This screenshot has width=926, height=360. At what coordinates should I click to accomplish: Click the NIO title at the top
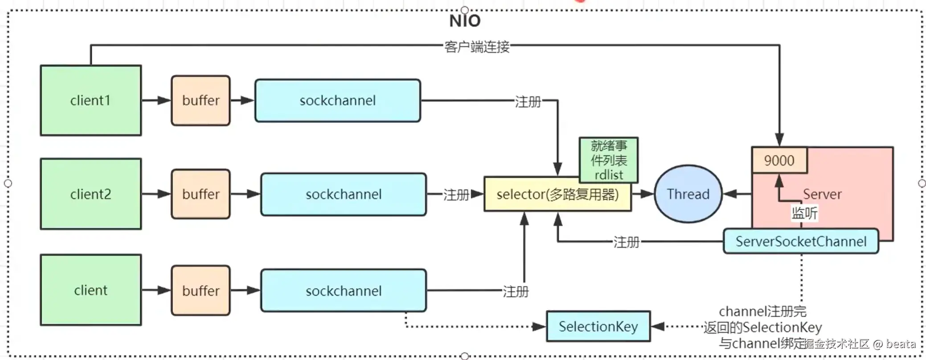[465, 21]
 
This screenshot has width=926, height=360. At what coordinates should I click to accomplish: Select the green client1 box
[90, 100]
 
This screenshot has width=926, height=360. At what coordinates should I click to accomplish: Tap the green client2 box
[90, 194]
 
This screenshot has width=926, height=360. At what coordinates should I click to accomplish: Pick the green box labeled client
[90, 290]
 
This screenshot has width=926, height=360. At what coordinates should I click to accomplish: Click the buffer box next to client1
[201, 100]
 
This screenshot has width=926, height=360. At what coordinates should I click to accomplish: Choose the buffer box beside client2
[201, 194]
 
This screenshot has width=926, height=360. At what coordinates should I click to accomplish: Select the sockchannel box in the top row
[337, 100]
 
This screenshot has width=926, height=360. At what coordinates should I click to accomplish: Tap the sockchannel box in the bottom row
[343, 290]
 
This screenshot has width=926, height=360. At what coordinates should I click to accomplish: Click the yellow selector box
[557, 194]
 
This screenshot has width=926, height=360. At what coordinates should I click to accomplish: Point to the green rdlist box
[608, 160]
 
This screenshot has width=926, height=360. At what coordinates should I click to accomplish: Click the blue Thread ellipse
[688, 194]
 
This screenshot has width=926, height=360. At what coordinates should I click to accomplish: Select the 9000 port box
[779, 160]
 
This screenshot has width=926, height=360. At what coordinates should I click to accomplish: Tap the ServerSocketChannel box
[800, 241]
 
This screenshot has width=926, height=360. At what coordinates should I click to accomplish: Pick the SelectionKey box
[598, 327]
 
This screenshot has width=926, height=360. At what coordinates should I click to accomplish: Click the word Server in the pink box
[822, 194]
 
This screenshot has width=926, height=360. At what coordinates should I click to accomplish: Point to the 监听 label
[804, 213]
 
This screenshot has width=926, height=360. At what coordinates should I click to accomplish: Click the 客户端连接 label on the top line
[476, 46]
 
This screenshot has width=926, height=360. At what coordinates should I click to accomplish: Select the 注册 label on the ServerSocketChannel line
[626, 242]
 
